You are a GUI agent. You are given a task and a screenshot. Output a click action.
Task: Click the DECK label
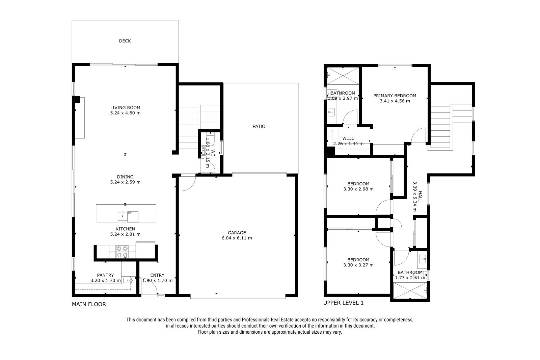(125, 41)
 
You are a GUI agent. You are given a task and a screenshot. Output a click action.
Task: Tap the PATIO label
(259, 126)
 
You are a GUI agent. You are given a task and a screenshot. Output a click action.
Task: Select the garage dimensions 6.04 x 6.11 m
(237, 238)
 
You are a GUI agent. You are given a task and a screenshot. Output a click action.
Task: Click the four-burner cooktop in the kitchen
(122, 252)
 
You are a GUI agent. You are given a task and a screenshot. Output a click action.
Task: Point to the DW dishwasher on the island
(133, 217)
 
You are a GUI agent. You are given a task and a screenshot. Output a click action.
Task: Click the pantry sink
(128, 280)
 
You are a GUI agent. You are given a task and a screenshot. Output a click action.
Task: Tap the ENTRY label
(157, 275)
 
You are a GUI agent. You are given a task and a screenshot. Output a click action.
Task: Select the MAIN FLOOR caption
(89, 304)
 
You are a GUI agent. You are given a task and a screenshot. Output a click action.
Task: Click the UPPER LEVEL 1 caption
(343, 303)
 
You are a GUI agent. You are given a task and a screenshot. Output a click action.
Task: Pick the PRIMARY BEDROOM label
(395, 96)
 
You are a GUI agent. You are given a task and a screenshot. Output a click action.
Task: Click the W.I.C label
(348, 138)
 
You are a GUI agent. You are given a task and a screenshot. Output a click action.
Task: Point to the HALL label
(420, 197)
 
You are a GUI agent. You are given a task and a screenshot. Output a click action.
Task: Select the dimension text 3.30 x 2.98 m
(358, 189)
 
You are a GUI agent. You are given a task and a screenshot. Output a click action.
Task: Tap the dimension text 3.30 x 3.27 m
(358, 265)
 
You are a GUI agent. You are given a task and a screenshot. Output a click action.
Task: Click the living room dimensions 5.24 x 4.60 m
(125, 113)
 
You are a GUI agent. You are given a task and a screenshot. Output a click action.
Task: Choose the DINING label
(125, 177)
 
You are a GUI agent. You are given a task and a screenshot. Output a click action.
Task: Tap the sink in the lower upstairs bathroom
(422, 259)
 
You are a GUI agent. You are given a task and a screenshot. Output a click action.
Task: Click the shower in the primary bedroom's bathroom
(343, 76)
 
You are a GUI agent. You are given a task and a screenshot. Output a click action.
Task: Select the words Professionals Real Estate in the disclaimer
(268, 320)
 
